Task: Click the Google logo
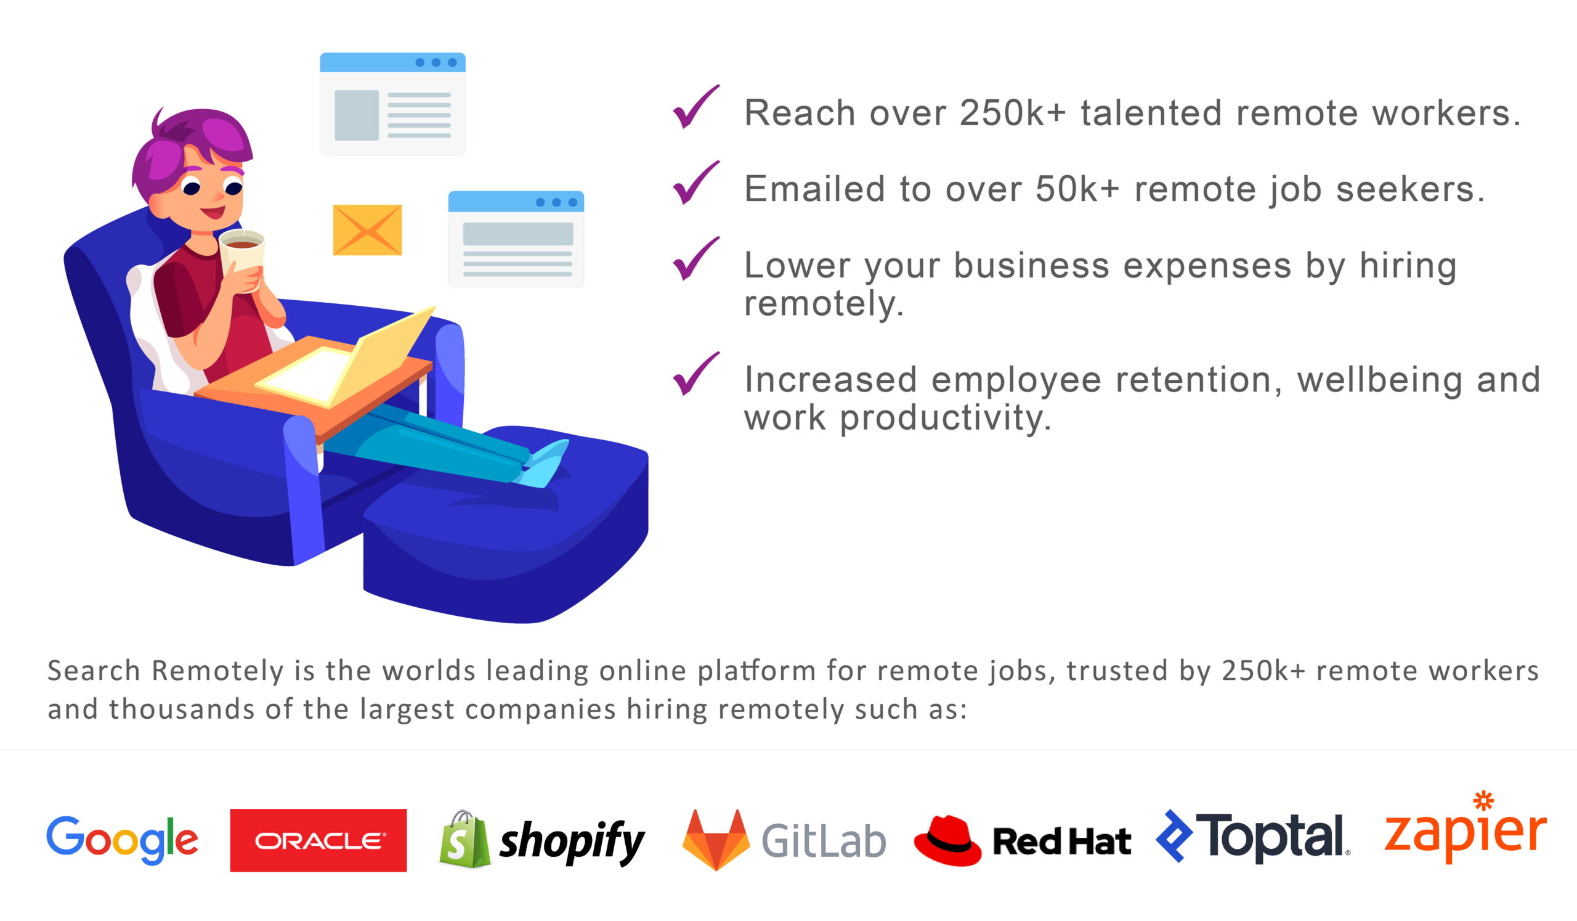(122, 840)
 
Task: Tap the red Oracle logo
(318, 840)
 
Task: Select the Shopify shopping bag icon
(465, 840)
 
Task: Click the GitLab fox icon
(716, 840)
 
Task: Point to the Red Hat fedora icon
(947, 841)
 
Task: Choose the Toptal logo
(1253, 837)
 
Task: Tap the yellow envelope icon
(367, 230)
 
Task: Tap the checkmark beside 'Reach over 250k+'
(696, 107)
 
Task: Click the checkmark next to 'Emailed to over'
(696, 183)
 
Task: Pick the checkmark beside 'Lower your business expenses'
(696, 258)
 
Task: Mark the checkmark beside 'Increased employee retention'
(696, 374)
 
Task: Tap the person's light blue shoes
(544, 463)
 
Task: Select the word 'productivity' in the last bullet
(945, 419)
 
